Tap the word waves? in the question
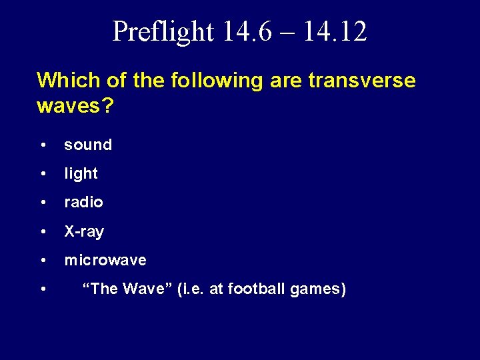pyautogui.click(x=75, y=107)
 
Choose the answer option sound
pyautogui.click(x=88, y=145)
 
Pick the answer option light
pyautogui.click(x=81, y=173)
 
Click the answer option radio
pyautogui.click(x=83, y=202)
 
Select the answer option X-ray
pyautogui.click(x=84, y=231)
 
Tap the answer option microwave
pyautogui.click(x=105, y=260)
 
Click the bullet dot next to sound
pyautogui.click(x=43, y=145)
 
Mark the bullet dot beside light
pyautogui.click(x=43, y=174)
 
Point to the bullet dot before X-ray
pyautogui.click(x=43, y=232)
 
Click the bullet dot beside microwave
pyautogui.click(x=43, y=261)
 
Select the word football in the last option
pyautogui.click(x=256, y=289)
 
